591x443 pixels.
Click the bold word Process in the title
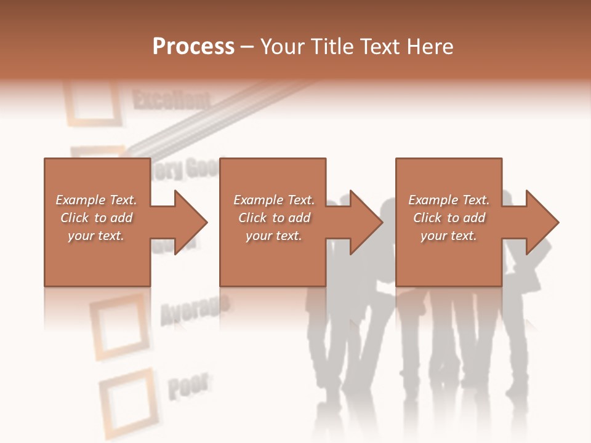click(x=193, y=47)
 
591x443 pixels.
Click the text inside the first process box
click(x=96, y=218)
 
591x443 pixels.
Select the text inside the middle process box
click(x=273, y=218)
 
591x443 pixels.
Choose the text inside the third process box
click(x=449, y=218)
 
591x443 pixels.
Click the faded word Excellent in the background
click(x=171, y=99)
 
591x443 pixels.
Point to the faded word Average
click(x=195, y=308)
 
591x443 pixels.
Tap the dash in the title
click(x=247, y=47)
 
